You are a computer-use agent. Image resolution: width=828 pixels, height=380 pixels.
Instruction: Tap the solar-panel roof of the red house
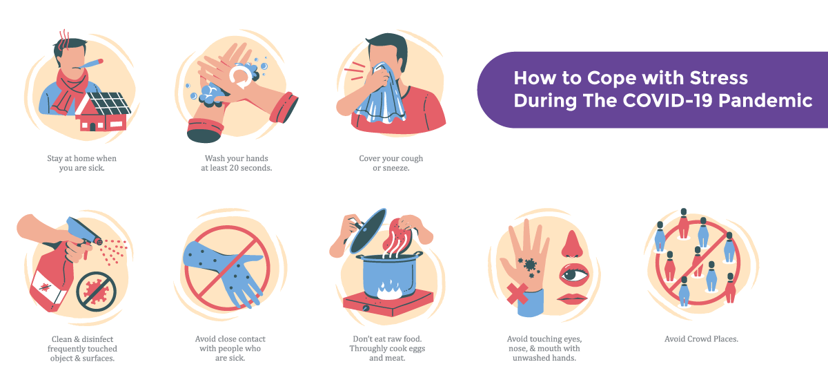pyautogui.click(x=110, y=102)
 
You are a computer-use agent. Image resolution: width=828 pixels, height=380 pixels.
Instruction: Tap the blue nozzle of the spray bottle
pyautogui.click(x=84, y=231)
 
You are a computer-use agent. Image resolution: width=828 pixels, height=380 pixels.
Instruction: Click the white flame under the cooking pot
pyautogui.click(x=389, y=290)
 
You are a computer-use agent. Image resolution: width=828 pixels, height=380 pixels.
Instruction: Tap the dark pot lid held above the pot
pyautogui.click(x=368, y=231)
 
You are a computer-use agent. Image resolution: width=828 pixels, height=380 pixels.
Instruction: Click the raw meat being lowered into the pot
pyautogui.click(x=397, y=234)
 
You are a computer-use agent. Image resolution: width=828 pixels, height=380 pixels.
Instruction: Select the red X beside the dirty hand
pyautogui.click(x=517, y=294)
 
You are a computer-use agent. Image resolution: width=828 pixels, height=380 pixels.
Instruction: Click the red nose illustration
pyautogui.click(x=572, y=244)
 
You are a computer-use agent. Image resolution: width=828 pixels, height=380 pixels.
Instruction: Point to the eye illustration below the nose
pyautogui.click(x=573, y=275)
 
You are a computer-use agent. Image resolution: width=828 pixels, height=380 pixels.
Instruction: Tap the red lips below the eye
pyautogui.click(x=572, y=298)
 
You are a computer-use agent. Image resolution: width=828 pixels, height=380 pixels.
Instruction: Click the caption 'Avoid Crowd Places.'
pyautogui.click(x=701, y=339)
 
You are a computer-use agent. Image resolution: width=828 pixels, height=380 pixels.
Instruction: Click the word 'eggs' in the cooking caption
pyautogui.click(x=417, y=348)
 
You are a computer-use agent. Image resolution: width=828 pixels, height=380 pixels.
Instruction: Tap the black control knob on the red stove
pyautogui.click(x=366, y=308)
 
